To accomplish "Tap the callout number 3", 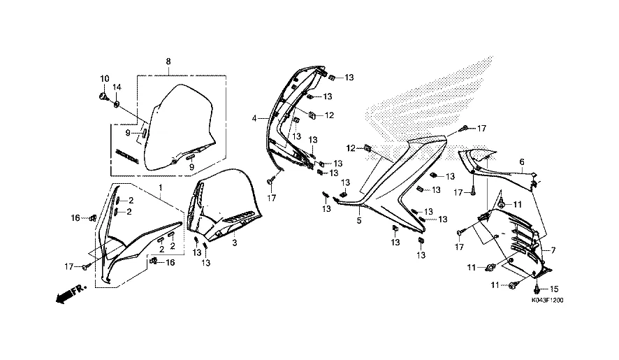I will (x=235, y=243).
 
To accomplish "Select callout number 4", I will (x=255, y=118).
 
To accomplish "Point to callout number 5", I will (x=359, y=221).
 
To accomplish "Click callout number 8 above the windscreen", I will (x=168, y=62).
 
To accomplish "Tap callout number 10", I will (x=104, y=78).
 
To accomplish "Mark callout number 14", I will (x=117, y=87).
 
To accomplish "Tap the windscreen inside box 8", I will (x=182, y=122).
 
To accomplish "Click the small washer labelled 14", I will (x=116, y=104).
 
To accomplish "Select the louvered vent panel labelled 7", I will (x=517, y=241).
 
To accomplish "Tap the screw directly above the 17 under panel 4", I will (x=270, y=182).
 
